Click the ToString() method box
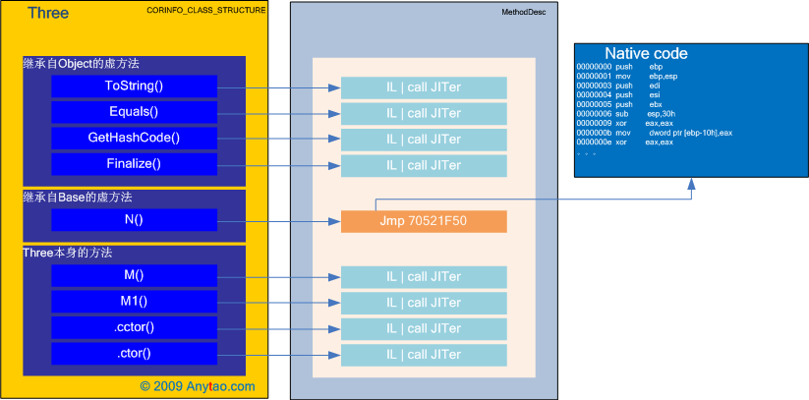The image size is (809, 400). [134, 86]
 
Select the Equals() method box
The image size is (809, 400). [134, 112]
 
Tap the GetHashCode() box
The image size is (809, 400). [134, 138]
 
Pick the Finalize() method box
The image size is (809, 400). [134, 163]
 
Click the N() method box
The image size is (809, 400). [134, 220]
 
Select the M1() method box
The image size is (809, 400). [134, 301]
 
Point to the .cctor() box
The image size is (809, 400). [134, 327]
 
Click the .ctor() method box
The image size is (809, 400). [134, 353]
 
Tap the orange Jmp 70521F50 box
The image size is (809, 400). [424, 221]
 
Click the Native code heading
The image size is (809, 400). [646, 53]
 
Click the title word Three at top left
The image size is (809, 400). [47, 13]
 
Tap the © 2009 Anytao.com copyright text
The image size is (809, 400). [197, 386]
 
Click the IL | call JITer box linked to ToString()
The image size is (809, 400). [424, 86]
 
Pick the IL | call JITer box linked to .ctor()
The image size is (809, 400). [424, 354]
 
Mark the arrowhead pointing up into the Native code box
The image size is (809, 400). [691, 183]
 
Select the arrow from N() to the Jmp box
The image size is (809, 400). [279, 221]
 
